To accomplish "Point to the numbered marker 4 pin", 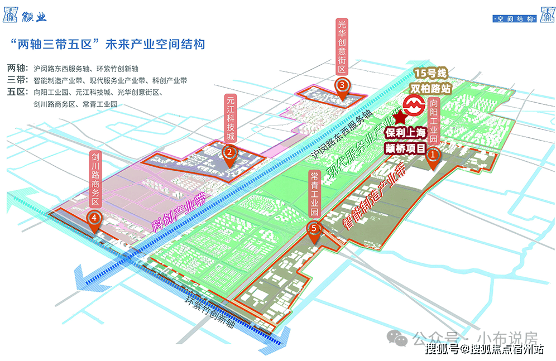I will pyautogui.click(x=95, y=218).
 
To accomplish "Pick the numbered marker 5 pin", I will pyautogui.click(x=315, y=229).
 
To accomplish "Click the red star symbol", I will pyautogui.click(x=400, y=118).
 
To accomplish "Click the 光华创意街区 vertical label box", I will pyautogui.click(x=342, y=47).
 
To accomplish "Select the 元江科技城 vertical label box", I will pyautogui.click(x=230, y=118).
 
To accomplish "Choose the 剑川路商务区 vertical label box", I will pyautogui.click(x=95, y=179).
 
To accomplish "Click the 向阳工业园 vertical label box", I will pyautogui.click(x=434, y=121).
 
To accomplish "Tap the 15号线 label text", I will pyautogui.click(x=430, y=74).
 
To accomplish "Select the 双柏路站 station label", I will pyautogui.click(x=430, y=88).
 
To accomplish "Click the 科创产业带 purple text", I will pyautogui.click(x=180, y=212).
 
